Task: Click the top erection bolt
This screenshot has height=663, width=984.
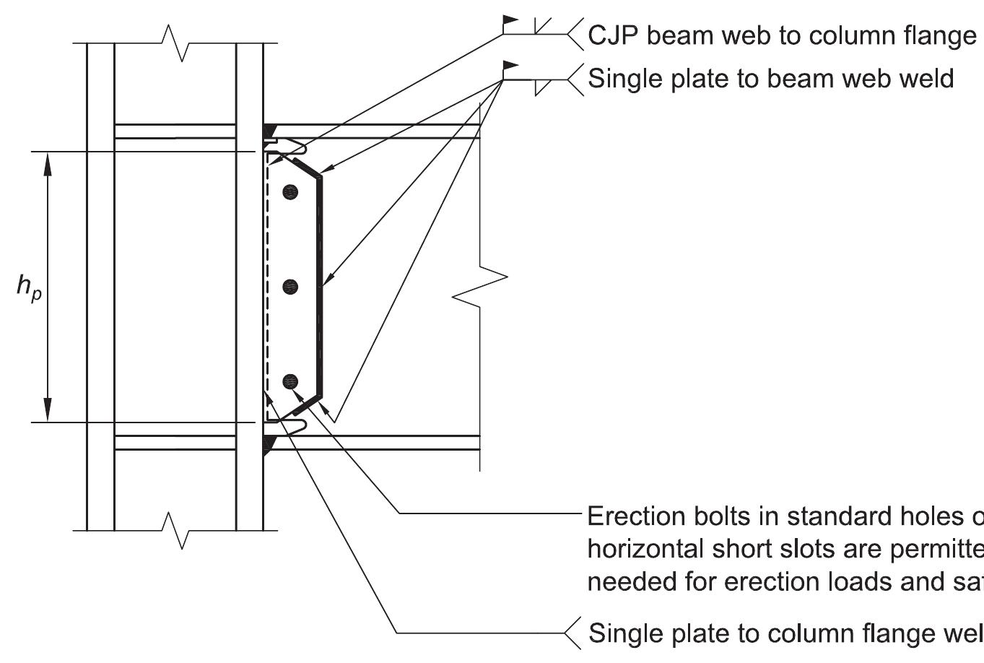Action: pyautogui.click(x=290, y=192)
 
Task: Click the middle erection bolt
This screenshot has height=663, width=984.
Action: pyautogui.click(x=290, y=287)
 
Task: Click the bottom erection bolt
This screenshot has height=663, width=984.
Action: pyautogui.click(x=290, y=381)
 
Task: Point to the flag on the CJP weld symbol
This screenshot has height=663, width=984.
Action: pyautogui.click(x=511, y=21)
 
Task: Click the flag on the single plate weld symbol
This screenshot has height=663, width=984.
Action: pyautogui.click(x=511, y=66)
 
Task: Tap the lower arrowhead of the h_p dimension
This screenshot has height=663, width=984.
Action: pyautogui.click(x=48, y=410)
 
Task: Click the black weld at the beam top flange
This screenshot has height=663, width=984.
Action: pyautogui.click(x=269, y=131)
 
